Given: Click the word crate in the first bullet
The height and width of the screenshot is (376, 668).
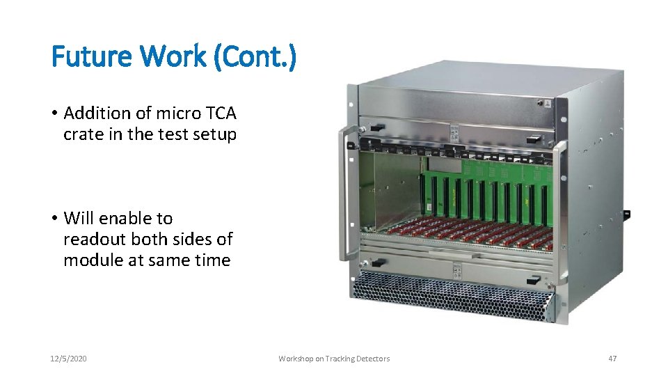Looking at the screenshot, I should (82, 134).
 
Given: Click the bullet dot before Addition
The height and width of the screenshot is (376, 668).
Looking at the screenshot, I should (55, 113).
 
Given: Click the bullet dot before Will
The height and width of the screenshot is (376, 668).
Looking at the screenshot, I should (55, 219).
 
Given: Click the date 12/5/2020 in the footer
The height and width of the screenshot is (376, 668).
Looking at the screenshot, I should (69, 359).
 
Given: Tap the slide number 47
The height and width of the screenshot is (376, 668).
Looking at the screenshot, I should (612, 359).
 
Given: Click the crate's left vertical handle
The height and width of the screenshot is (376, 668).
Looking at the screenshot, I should (342, 195).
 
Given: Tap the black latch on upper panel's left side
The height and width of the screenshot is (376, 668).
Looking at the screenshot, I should (376, 128).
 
